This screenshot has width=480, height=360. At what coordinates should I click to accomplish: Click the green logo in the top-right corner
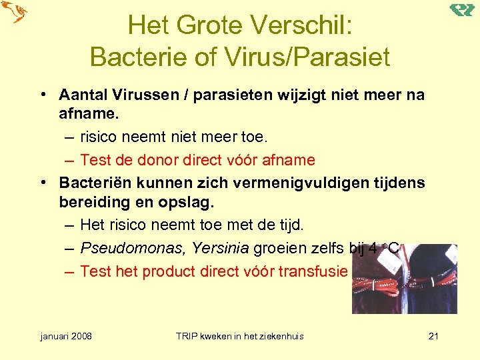click(x=461, y=9)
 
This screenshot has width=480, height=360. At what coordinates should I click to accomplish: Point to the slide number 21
click(x=433, y=336)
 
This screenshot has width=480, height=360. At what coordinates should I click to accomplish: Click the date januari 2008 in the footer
click(x=66, y=336)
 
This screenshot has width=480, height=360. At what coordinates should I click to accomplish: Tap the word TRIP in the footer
click(x=187, y=336)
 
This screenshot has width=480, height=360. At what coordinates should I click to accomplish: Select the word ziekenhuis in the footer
click(x=281, y=336)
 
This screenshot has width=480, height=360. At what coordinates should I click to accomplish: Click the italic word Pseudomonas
click(x=132, y=249)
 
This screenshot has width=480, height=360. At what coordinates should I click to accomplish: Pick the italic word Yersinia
click(x=220, y=249)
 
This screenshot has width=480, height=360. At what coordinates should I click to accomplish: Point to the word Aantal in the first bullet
click(x=80, y=95)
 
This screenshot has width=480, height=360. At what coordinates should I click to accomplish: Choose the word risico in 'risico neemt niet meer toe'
click(x=98, y=138)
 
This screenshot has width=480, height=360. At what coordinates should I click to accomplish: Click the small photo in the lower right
click(x=405, y=279)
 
